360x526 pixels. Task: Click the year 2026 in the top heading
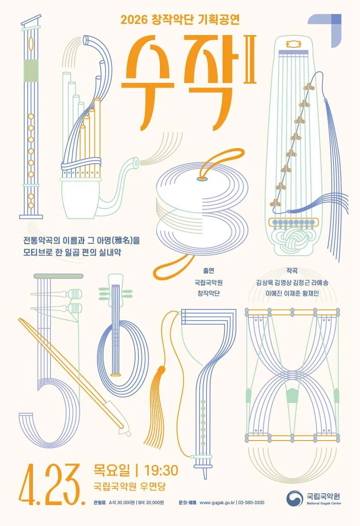pyautogui.click(x=134, y=20)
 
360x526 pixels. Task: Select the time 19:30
pyautogui.click(x=161, y=470)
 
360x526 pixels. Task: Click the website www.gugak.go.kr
pyautogui.click(x=217, y=502)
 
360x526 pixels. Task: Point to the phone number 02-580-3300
pyautogui.click(x=251, y=502)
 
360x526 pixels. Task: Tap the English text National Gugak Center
pyautogui.click(x=324, y=503)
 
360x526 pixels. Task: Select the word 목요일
pyautogui.click(x=112, y=470)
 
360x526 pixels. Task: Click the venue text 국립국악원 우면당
pyautogui.click(x=130, y=486)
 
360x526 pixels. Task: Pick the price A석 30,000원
pyautogui.click(x=122, y=502)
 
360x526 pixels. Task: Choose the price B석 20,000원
pyautogui.click(x=151, y=502)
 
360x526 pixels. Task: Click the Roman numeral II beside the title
pyautogui.click(x=250, y=59)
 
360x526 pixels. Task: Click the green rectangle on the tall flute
pyautogui.click(x=31, y=71)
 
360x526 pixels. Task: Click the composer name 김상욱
pyautogui.click(x=264, y=282)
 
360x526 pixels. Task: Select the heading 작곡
pyautogui.click(x=292, y=271)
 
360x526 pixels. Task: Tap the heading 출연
pyautogui.click(x=209, y=271)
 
